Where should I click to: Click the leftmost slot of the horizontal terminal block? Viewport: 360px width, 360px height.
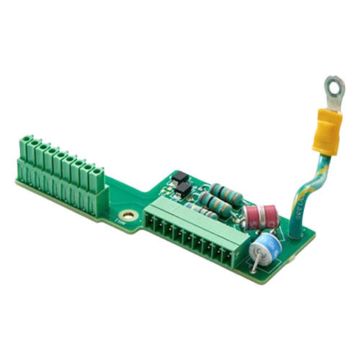click(x=153, y=216)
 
